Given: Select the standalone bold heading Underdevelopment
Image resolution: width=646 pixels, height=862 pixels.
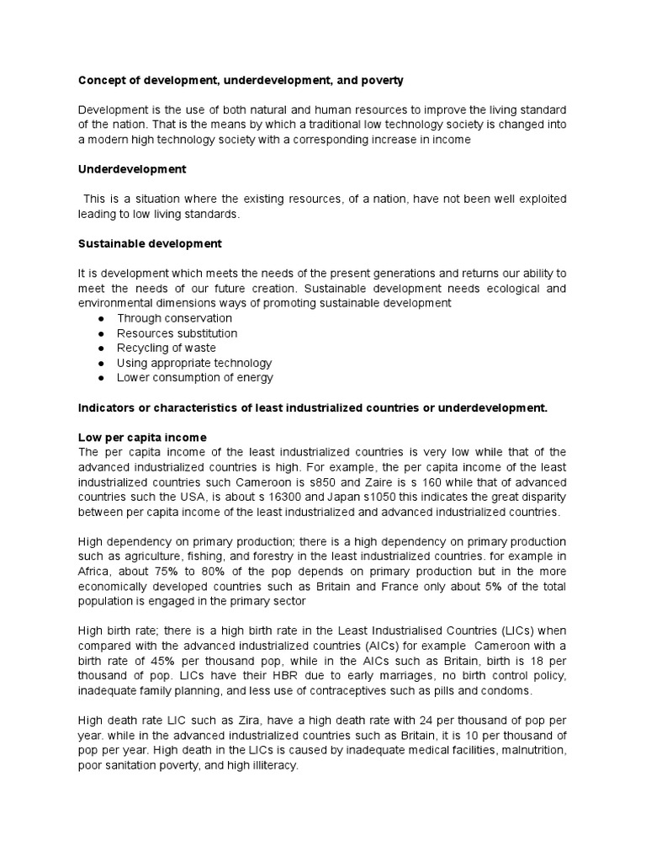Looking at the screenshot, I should (x=132, y=169).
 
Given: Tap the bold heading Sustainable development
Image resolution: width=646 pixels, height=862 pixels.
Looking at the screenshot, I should (x=150, y=243).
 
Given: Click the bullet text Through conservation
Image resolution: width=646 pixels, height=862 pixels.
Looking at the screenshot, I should (x=174, y=318).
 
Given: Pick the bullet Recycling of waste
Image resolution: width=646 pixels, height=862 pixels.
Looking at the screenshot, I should (x=167, y=348).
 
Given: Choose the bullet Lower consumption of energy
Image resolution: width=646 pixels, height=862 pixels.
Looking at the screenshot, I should (x=195, y=378).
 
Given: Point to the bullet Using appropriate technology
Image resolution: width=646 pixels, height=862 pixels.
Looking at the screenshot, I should (x=194, y=363).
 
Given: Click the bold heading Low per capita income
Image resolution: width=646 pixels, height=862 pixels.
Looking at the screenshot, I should (x=142, y=438).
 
